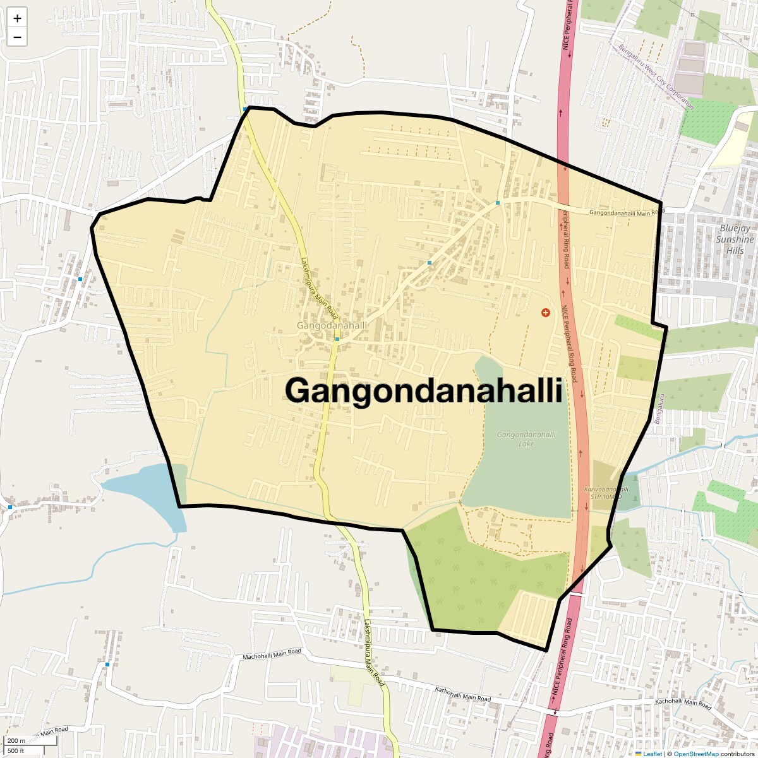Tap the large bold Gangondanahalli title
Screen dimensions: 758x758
(x=423, y=390)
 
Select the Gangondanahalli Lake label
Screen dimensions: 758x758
(x=526, y=439)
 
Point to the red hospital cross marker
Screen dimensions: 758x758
(x=546, y=313)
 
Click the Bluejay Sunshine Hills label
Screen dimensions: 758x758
(x=735, y=239)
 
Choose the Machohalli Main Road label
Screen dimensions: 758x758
(x=272, y=654)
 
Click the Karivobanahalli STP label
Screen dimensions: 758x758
(x=606, y=493)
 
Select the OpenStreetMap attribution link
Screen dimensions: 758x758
(x=696, y=754)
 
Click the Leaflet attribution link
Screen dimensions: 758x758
(x=653, y=754)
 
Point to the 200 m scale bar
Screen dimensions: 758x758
(x=16, y=741)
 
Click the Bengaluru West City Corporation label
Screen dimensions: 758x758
(x=656, y=77)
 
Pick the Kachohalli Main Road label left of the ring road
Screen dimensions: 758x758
(x=463, y=694)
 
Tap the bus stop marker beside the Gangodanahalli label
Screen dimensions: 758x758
(x=337, y=339)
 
